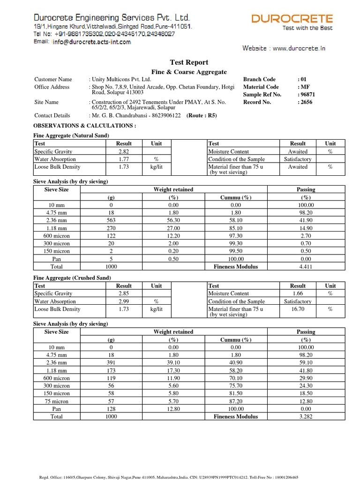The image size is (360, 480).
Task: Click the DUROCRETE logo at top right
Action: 292,19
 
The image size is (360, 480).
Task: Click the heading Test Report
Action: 188,62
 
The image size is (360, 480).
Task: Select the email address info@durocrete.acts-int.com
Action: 92,42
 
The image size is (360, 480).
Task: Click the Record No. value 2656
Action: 307,102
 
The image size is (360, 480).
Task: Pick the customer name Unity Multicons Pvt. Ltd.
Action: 121,80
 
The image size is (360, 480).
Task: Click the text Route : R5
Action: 202,116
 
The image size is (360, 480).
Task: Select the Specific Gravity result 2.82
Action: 124,152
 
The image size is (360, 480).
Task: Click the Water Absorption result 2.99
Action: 124,301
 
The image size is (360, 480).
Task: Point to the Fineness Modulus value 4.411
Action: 306,267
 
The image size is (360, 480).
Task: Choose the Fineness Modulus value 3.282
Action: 306,416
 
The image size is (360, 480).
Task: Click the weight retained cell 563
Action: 111,220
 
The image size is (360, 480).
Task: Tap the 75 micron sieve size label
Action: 56,401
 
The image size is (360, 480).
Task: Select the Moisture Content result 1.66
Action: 298,294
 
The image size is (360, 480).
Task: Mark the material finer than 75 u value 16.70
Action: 298,309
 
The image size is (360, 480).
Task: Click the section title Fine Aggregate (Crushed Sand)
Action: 72,277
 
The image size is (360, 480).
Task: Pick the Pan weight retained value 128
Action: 111,409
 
